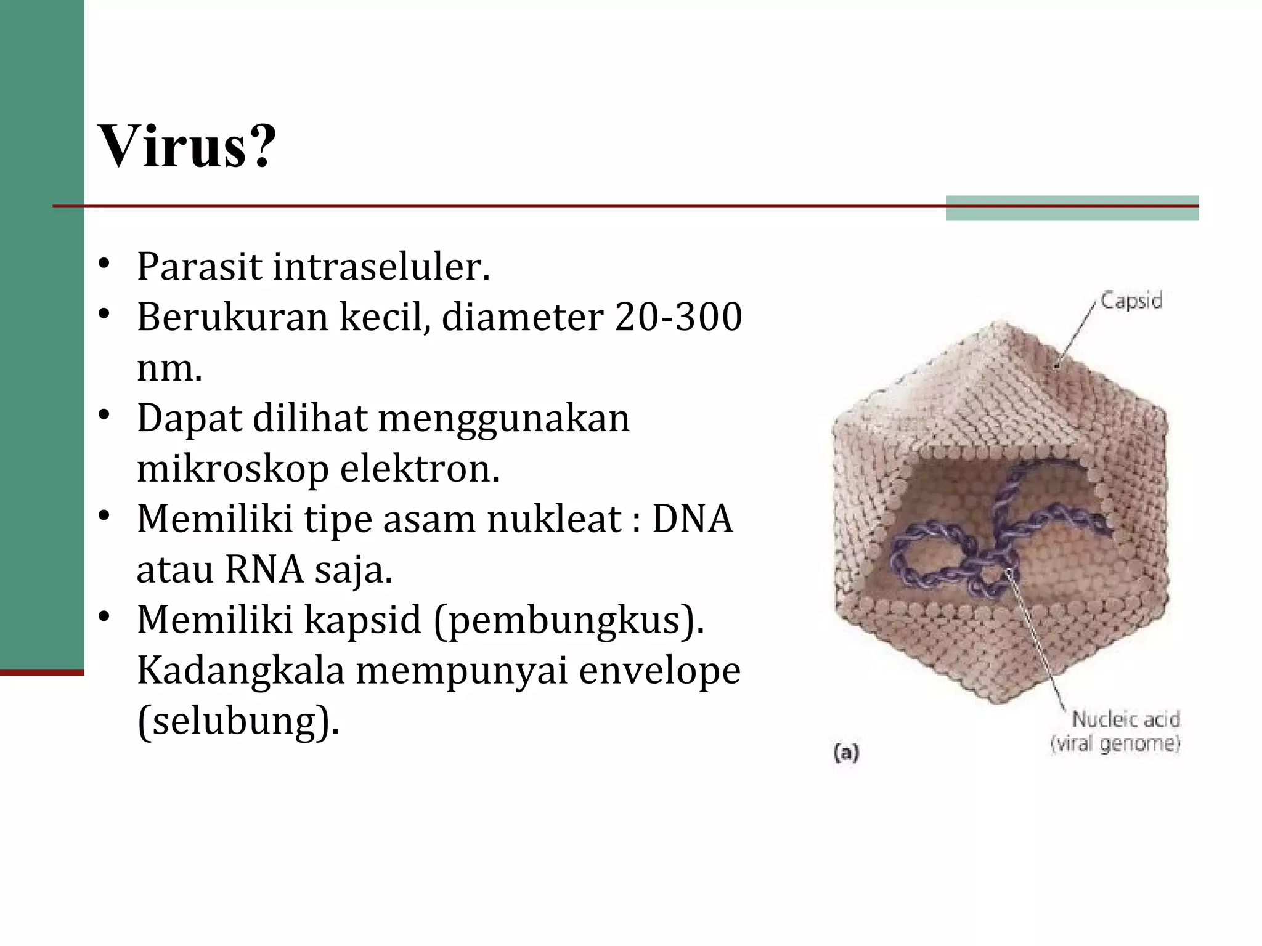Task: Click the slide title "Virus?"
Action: coord(187,147)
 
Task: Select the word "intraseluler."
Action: coord(381,267)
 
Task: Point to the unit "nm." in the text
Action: coord(169,368)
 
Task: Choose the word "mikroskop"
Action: coord(233,469)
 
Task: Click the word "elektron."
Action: coord(420,469)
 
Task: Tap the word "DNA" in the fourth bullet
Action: coord(693,519)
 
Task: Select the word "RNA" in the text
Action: coord(264,569)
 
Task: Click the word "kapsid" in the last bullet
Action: coord(363,620)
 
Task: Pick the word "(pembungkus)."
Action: coord(569,620)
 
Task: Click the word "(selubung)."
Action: coord(238,721)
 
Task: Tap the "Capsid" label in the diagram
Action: coord(1131,301)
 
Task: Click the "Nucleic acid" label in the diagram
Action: coord(1126,719)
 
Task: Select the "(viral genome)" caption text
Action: coord(1115,743)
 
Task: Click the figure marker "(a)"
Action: coord(846,752)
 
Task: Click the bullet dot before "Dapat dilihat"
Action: coord(104,414)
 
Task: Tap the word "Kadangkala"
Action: coord(240,670)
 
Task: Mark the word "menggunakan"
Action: coord(503,419)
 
